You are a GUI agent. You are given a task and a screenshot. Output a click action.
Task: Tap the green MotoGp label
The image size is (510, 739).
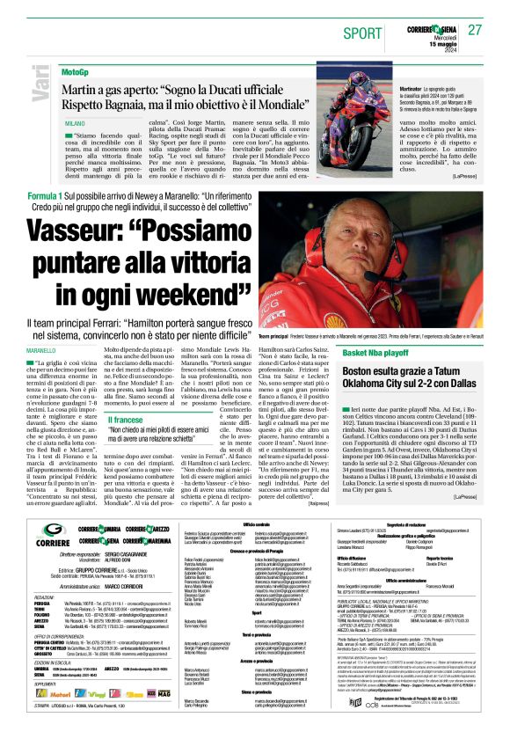[x=76, y=70]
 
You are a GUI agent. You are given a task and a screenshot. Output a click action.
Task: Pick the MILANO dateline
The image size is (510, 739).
[x=75, y=124]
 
